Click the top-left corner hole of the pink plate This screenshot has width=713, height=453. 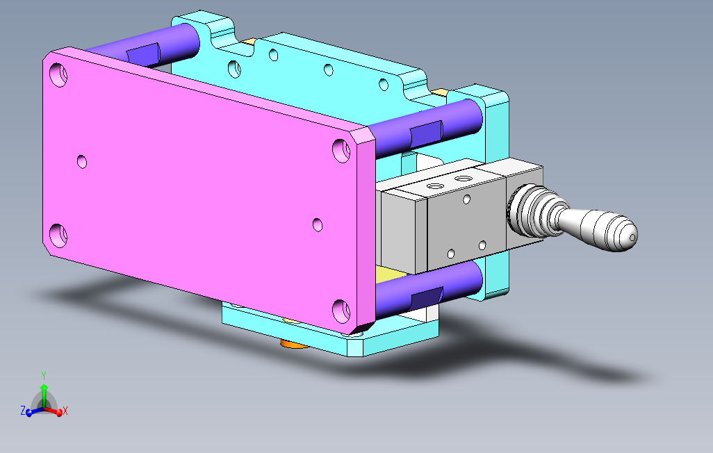click(58, 74)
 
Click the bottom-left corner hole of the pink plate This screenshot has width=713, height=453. click(58, 235)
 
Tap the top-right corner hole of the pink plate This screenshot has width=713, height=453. click(341, 151)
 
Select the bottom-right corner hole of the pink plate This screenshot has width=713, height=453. click(341, 311)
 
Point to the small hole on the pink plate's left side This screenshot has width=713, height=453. click(82, 161)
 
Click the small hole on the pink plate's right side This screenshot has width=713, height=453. click(318, 224)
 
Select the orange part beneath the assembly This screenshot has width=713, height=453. click(293, 345)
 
